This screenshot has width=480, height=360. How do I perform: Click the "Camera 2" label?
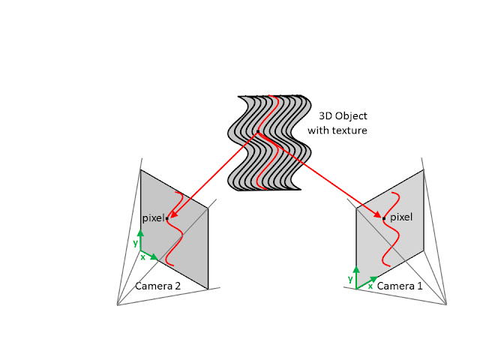[x=158, y=286]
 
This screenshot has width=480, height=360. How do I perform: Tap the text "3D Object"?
[x=337, y=117]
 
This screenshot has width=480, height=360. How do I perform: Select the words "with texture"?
[x=337, y=130]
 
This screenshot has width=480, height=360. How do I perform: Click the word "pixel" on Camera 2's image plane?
[x=153, y=218]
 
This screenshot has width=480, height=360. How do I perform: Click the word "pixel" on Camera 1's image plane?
[x=402, y=217]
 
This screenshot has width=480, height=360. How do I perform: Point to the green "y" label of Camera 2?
[x=135, y=243]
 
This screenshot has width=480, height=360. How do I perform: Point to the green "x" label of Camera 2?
[x=142, y=257]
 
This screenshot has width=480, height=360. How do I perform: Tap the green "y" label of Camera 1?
[x=350, y=279]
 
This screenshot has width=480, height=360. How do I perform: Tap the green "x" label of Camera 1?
[x=370, y=286]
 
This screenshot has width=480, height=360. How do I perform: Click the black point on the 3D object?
[x=257, y=133]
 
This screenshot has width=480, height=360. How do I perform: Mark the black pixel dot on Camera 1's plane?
[x=384, y=218]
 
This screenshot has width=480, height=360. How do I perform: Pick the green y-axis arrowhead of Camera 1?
[x=356, y=269]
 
